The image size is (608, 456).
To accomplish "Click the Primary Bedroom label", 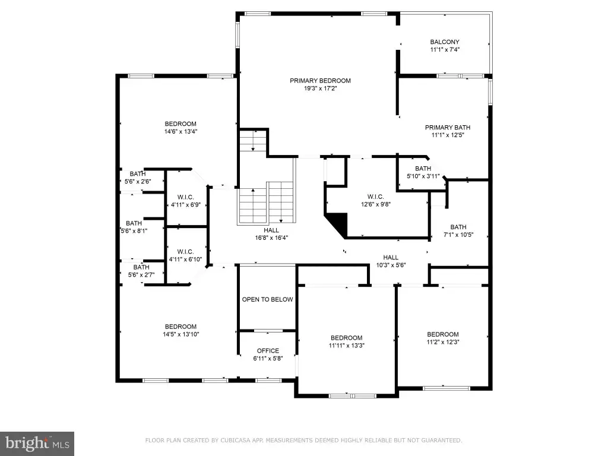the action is pyautogui.click(x=320, y=81).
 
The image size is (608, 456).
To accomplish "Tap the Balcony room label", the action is pyautogui.click(x=445, y=42).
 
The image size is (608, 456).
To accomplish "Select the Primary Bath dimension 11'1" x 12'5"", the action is pyautogui.click(x=448, y=135).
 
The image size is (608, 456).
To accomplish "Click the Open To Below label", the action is pyautogui.click(x=268, y=299).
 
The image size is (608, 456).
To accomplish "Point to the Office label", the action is pyautogui.click(x=268, y=351).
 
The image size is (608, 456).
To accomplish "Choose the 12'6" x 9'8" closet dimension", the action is pyautogui.click(x=376, y=204).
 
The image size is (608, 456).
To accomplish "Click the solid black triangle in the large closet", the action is pyautogui.click(x=338, y=223).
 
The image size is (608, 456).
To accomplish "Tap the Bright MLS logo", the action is pyautogui.click(x=37, y=444).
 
